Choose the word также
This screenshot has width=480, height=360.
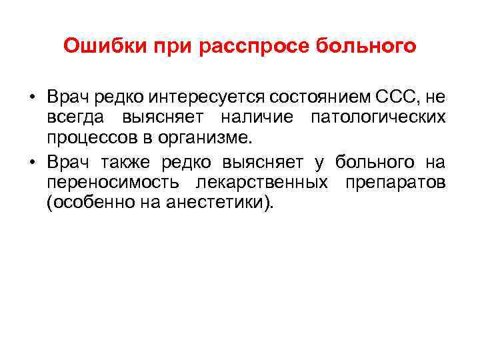tap(127, 163)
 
